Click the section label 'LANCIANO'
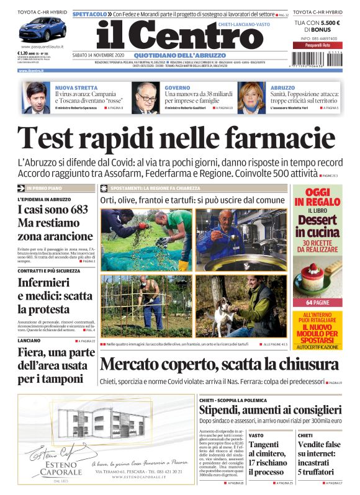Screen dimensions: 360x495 pos(30,341)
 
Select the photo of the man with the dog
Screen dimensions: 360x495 pos(242,306)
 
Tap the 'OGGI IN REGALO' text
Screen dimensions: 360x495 pos(317,198)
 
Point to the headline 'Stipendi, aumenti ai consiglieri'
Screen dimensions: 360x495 pos(270,409)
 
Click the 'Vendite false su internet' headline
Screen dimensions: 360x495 pos(319,458)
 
